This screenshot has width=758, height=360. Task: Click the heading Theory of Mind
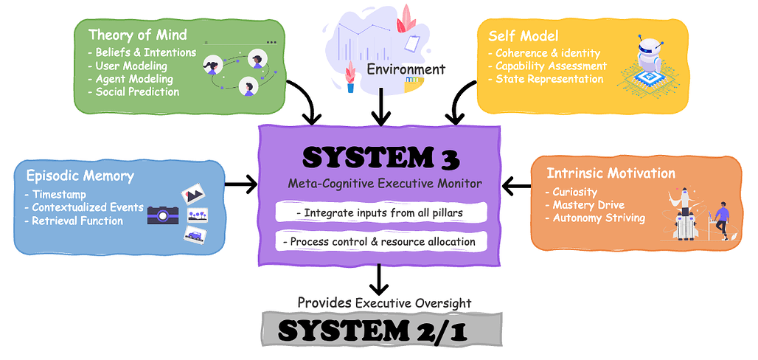pos(137,35)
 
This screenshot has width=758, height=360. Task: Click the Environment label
pos(406,69)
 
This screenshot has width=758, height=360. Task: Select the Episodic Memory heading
pos(80,176)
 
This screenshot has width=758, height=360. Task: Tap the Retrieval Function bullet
pos(77,221)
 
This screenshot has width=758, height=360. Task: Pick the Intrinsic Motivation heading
pos(611,173)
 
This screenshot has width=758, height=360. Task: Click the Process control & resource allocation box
pos(380,241)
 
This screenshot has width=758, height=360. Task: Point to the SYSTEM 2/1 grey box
pos(378,330)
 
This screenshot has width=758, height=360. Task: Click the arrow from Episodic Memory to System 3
pos(240,184)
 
